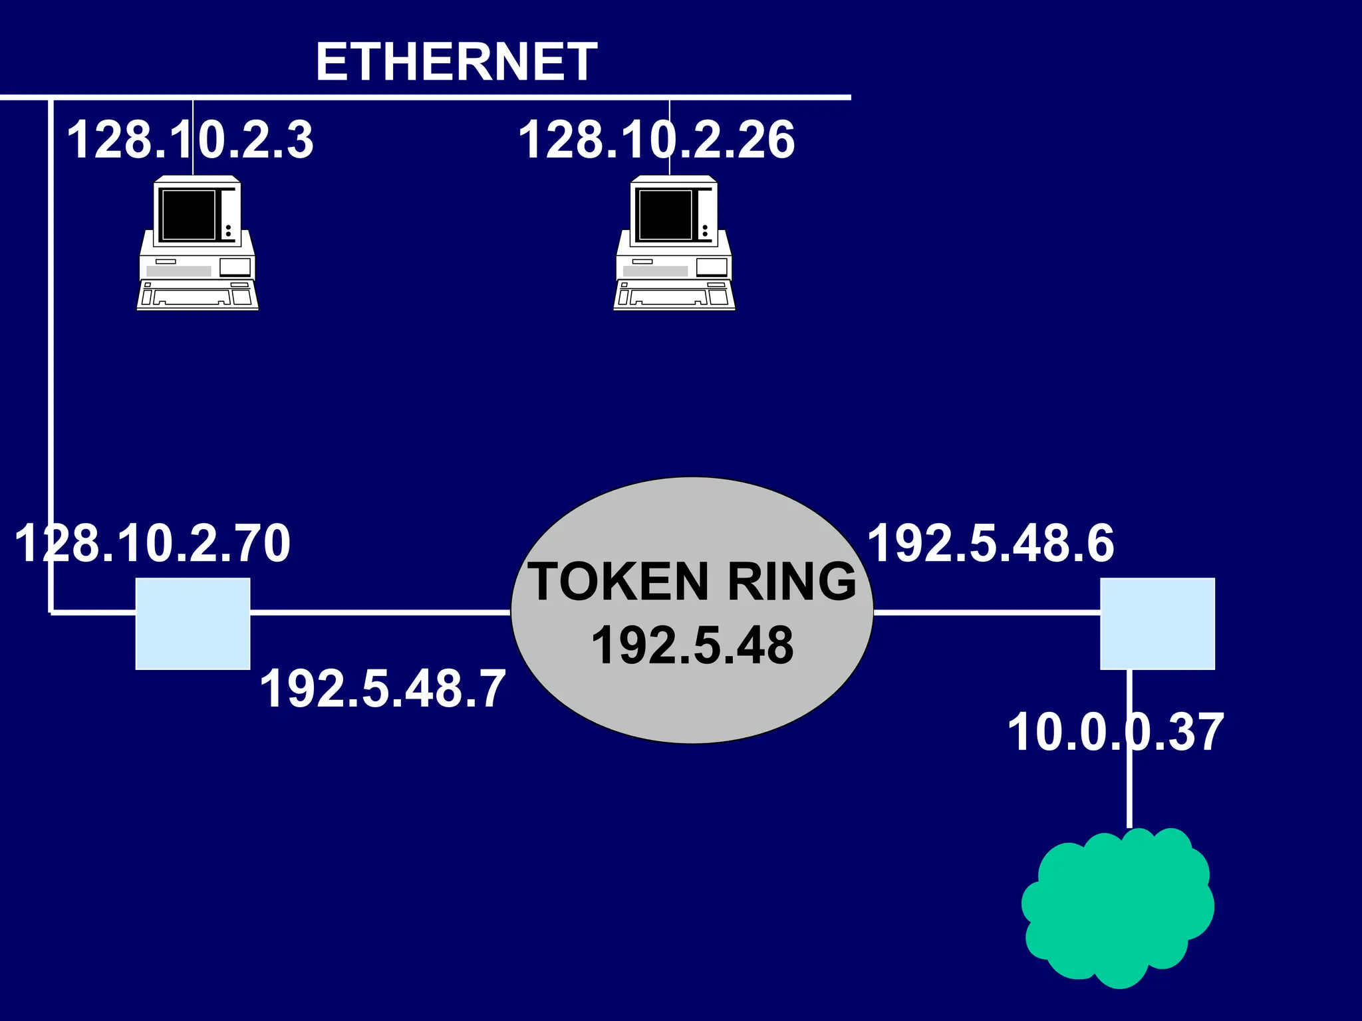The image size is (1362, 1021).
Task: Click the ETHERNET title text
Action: pyautogui.click(x=456, y=62)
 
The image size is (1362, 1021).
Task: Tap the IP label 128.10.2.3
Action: pyautogui.click(x=190, y=140)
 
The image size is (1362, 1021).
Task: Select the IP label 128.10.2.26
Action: pyautogui.click(x=656, y=140)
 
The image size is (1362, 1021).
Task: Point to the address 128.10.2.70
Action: pyautogui.click(x=152, y=543)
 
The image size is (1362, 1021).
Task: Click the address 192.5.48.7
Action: pyautogui.click(x=382, y=688)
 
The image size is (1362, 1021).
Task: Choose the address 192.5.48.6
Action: pyautogui.click(x=991, y=543)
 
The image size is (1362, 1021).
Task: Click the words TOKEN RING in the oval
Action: pyautogui.click(x=692, y=582)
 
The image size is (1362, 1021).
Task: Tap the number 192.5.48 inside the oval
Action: pyautogui.click(x=692, y=645)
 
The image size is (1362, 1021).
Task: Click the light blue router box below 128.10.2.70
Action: pyautogui.click(x=193, y=624)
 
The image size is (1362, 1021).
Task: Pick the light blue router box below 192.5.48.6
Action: pyautogui.click(x=1157, y=624)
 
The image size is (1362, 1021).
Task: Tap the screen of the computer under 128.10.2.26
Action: pyautogui.click(x=665, y=215)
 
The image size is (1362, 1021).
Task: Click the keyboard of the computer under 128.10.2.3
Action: pyautogui.click(x=198, y=296)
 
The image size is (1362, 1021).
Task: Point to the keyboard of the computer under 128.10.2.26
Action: pyautogui.click(x=674, y=296)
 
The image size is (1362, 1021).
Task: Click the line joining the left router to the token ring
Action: pyautogui.click(x=379, y=612)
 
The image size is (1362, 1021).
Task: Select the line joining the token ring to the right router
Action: pyautogui.click(x=986, y=612)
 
